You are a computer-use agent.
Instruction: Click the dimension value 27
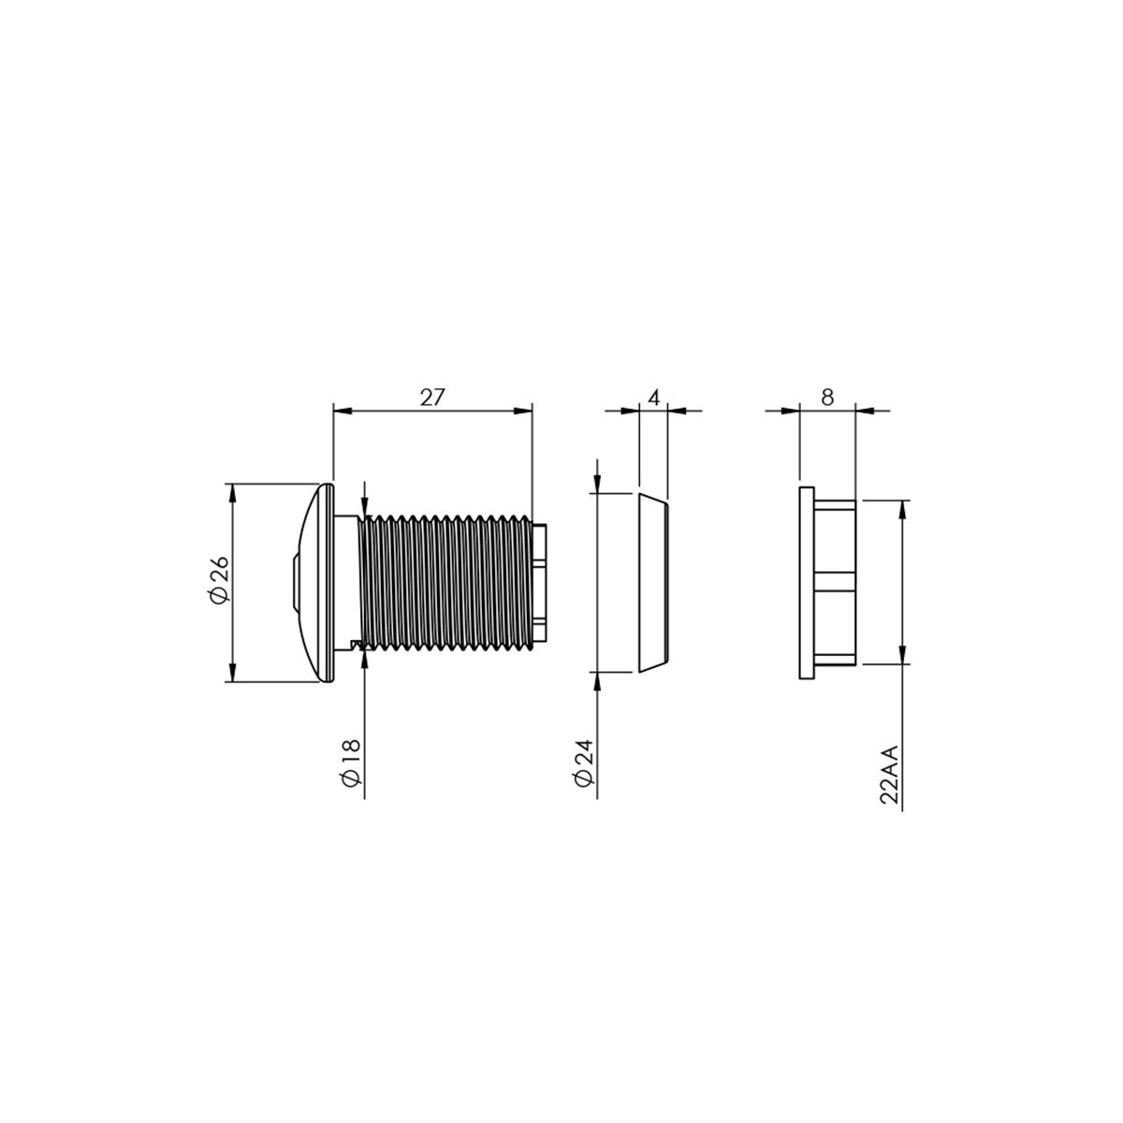click(x=431, y=398)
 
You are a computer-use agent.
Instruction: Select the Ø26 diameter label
click(x=219, y=581)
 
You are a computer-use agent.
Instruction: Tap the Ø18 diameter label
click(x=352, y=764)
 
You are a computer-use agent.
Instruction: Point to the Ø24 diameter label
click(x=583, y=764)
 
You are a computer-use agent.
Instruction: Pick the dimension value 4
click(x=654, y=398)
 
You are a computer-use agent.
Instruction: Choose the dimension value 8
click(x=827, y=398)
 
